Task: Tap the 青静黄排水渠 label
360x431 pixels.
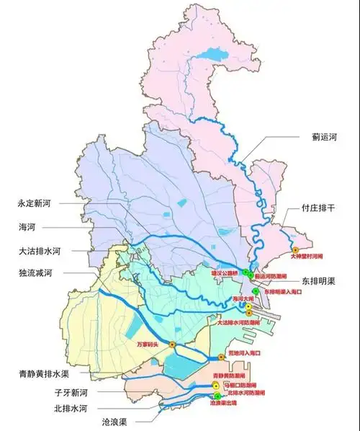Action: click(x=43, y=373)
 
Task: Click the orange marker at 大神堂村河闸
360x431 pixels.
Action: click(x=295, y=249)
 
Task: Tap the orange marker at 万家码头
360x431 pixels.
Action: click(x=172, y=345)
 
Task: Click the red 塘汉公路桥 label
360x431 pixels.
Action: click(x=223, y=274)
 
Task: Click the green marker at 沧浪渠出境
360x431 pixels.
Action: click(x=217, y=396)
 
